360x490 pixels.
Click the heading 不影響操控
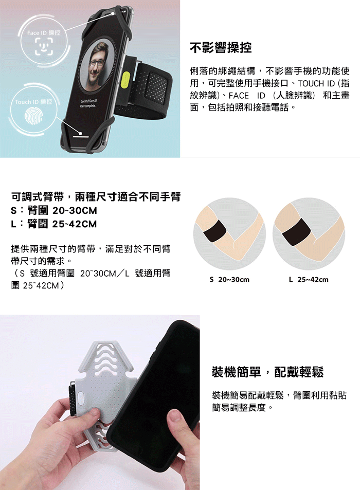tap(221, 48)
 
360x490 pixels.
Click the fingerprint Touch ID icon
tap(33, 116)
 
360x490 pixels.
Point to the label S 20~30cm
tap(229, 279)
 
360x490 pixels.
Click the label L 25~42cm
tap(309, 279)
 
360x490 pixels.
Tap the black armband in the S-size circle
tap(214, 231)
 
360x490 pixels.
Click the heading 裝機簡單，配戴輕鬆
tap(268, 372)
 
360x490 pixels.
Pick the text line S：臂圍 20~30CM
tap(54, 210)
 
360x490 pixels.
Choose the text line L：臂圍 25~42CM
tap(54, 224)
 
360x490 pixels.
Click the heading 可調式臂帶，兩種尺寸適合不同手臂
tap(96, 196)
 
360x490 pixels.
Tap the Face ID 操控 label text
tap(44, 32)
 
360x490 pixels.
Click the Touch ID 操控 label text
tap(33, 102)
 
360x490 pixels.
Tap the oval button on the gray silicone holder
tap(81, 398)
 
